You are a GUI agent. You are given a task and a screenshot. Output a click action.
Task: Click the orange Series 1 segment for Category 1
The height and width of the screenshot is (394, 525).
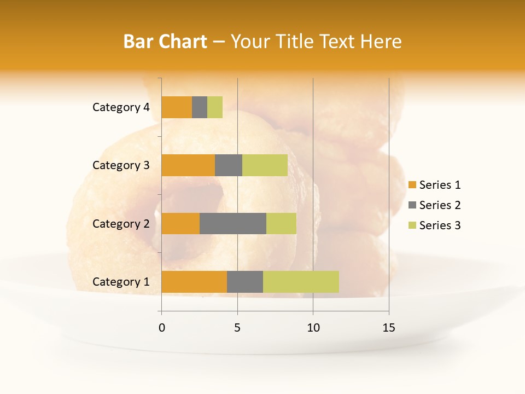[x=194, y=282]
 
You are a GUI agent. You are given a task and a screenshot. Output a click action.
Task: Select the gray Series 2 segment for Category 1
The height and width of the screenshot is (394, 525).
[x=245, y=282]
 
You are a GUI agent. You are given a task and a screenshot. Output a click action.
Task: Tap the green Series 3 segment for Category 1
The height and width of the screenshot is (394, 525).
[x=301, y=282]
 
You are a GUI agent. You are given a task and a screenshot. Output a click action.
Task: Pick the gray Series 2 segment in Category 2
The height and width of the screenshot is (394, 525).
[x=233, y=224]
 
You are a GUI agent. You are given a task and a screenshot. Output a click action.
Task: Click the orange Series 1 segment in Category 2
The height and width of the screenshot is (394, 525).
[x=180, y=224]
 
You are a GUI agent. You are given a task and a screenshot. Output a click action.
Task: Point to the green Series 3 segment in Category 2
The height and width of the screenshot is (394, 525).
[x=281, y=224]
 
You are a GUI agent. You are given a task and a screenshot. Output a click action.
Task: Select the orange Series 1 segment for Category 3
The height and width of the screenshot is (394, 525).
[x=188, y=165]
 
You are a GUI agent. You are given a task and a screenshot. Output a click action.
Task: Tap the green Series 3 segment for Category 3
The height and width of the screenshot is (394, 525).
[x=265, y=165]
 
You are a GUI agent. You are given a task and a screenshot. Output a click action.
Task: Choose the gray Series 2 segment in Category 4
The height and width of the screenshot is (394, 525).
[x=200, y=107]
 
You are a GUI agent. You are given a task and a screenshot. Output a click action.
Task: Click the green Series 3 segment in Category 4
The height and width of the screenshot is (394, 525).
[x=215, y=107]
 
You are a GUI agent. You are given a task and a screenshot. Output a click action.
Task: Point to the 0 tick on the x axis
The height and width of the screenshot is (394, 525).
[x=162, y=328]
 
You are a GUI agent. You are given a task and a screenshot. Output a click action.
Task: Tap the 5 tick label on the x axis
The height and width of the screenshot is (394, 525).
[x=237, y=328]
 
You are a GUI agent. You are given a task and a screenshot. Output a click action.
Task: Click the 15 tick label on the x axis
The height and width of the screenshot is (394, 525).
[x=388, y=328]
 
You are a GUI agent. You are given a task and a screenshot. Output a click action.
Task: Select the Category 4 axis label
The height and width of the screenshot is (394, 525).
[x=121, y=107]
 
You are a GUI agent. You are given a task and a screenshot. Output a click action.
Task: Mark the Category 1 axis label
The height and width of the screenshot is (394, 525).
[x=121, y=282]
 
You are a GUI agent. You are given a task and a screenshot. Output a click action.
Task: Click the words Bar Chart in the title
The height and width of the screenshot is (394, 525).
[x=165, y=42]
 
